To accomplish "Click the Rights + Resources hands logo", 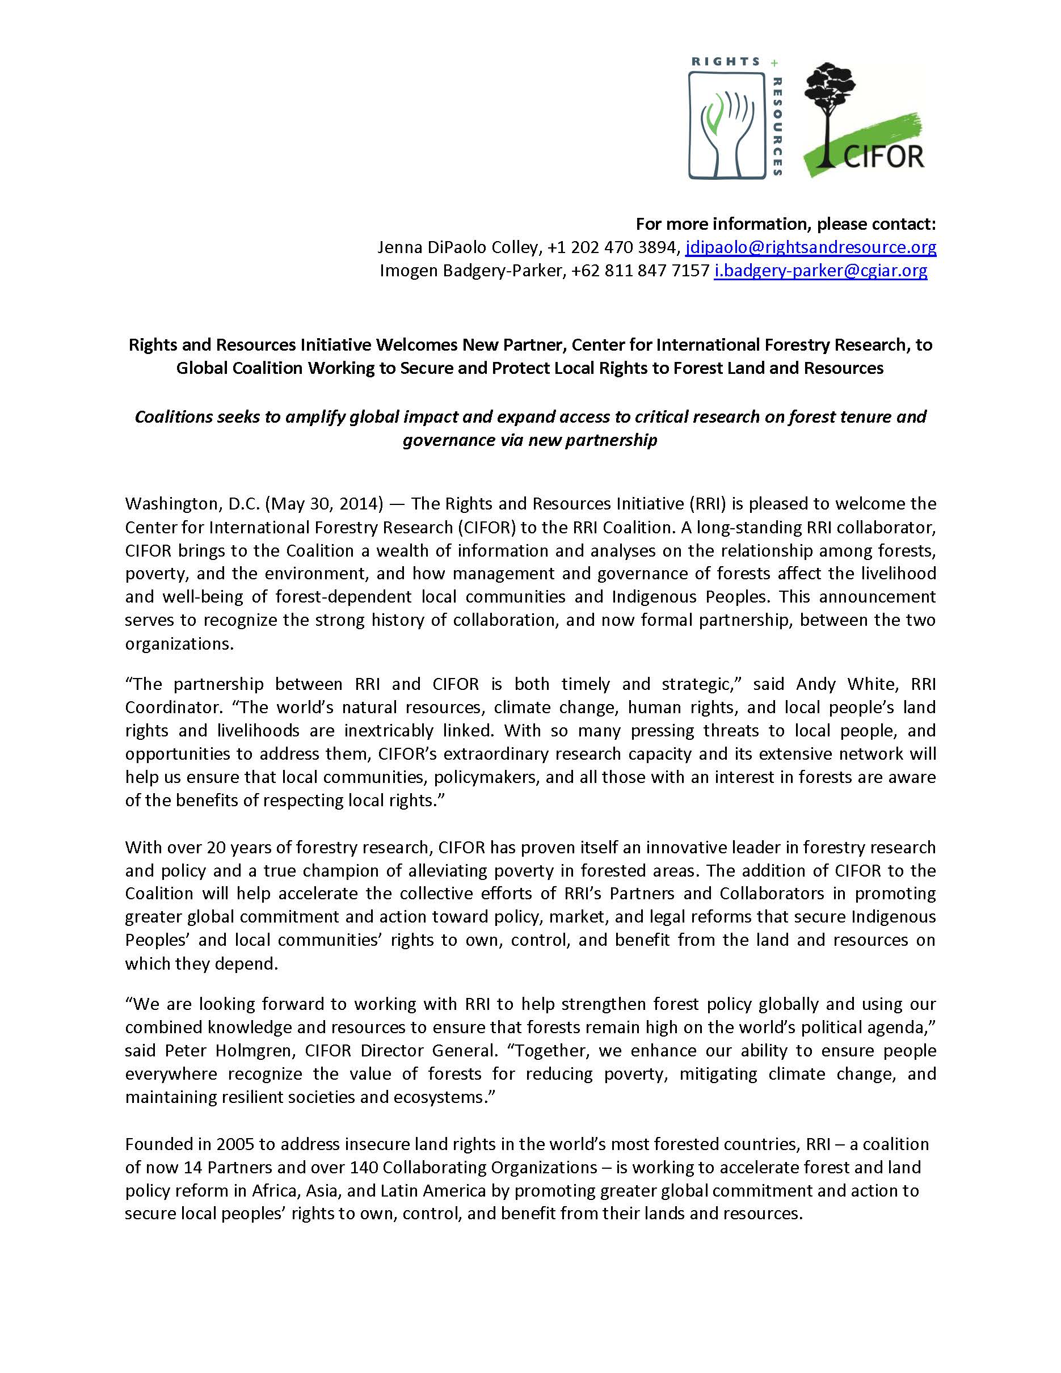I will tap(727, 126).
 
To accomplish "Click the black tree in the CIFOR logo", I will tap(829, 107).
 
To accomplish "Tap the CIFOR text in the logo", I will tap(883, 157).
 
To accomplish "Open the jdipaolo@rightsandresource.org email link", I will tap(810, 248).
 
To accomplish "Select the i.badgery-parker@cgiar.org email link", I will tap(820, 271).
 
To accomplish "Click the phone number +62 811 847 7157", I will tap(640, 271).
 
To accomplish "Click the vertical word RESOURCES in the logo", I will tap(777, 126).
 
